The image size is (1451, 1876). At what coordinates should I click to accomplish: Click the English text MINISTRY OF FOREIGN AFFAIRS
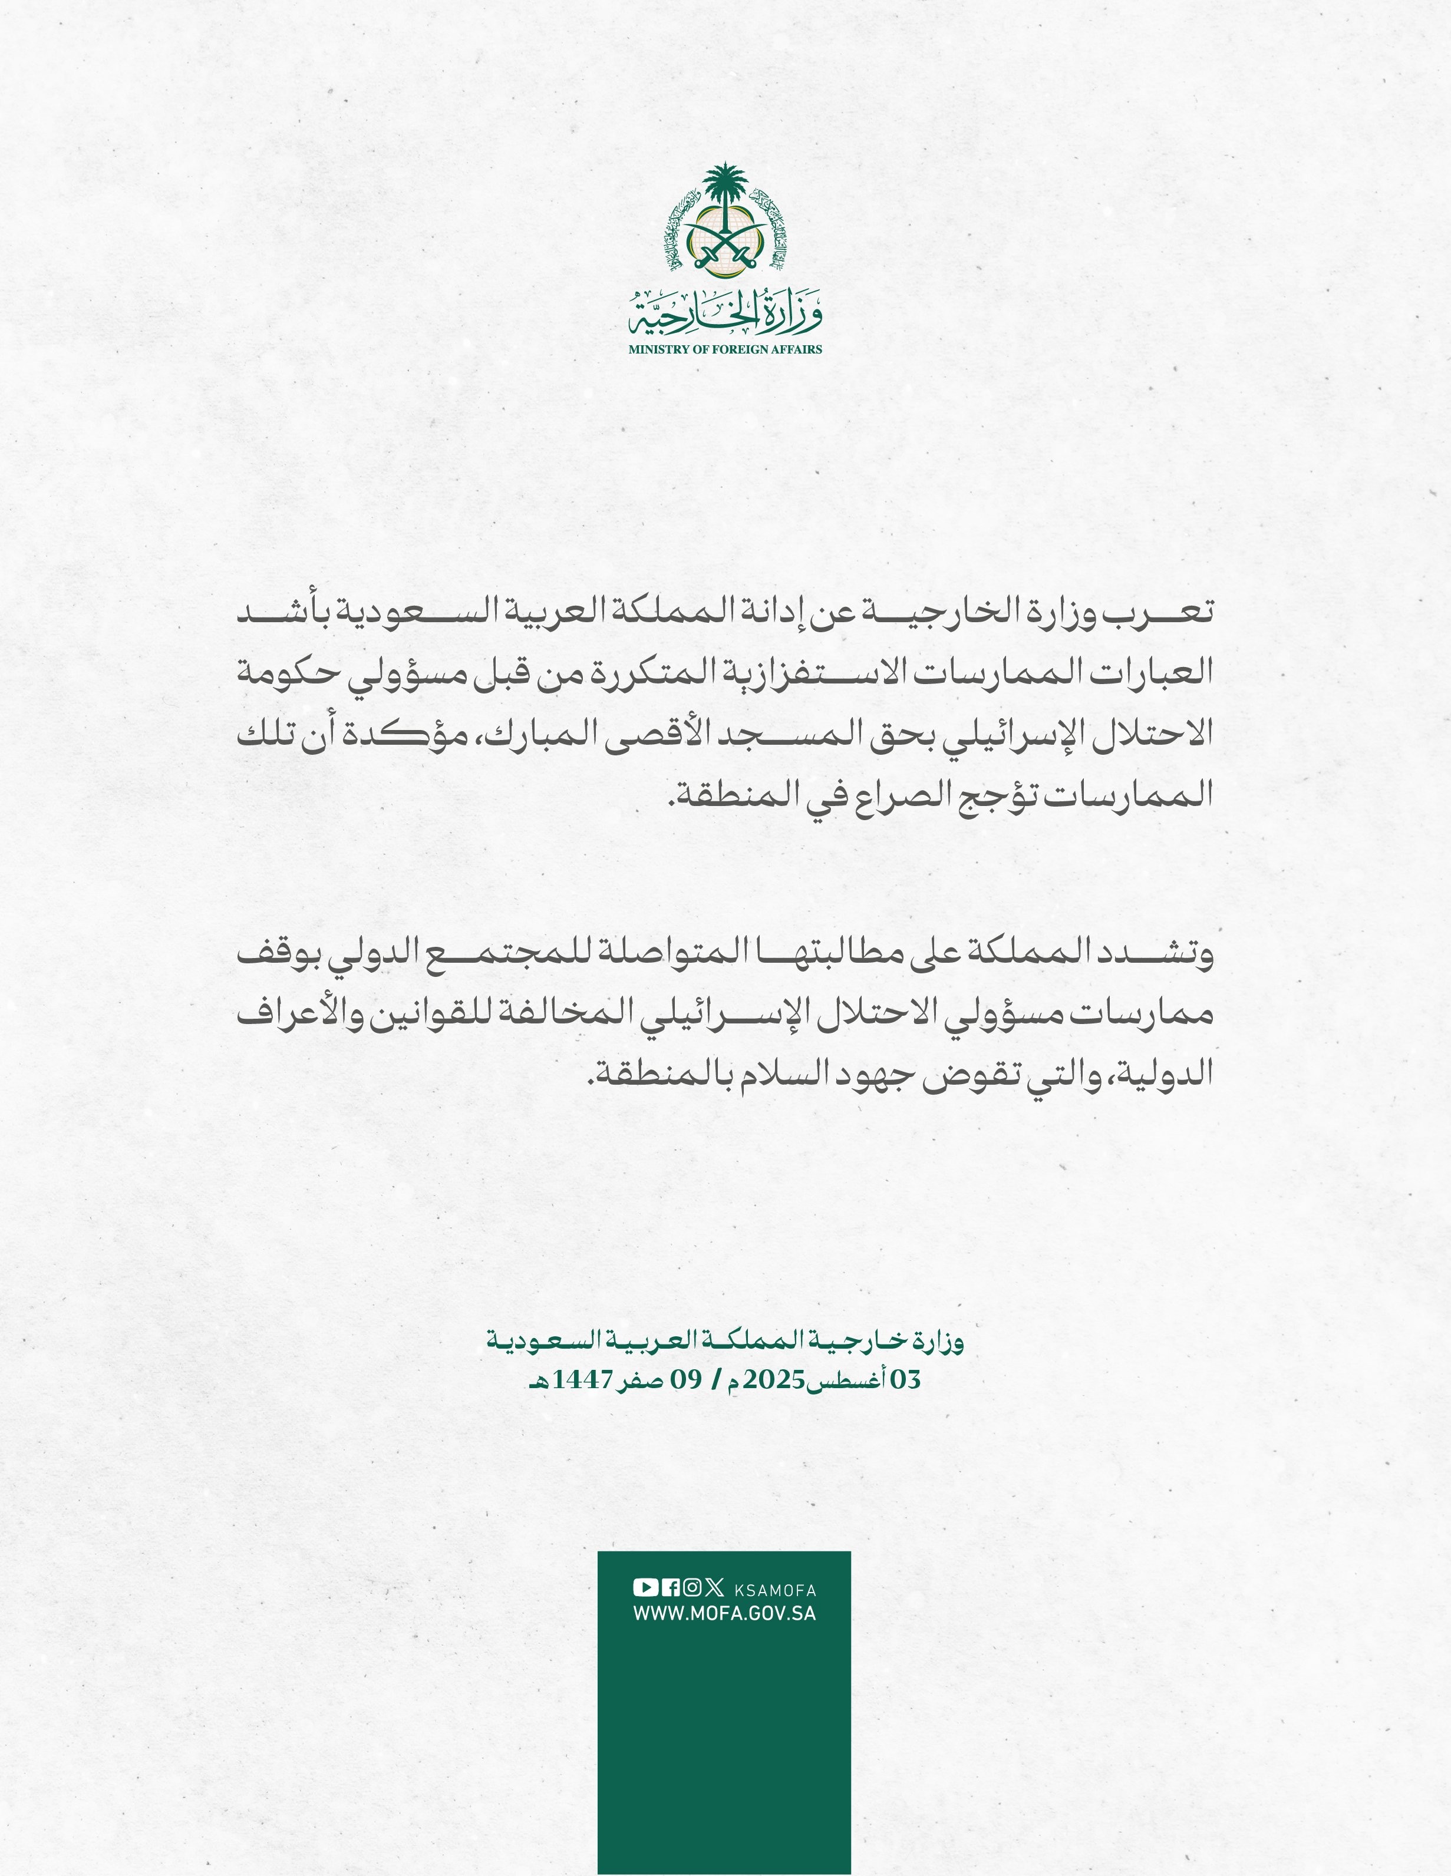pos(725,349)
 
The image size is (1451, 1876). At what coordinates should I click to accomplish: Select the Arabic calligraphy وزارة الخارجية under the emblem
pos(725,317)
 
